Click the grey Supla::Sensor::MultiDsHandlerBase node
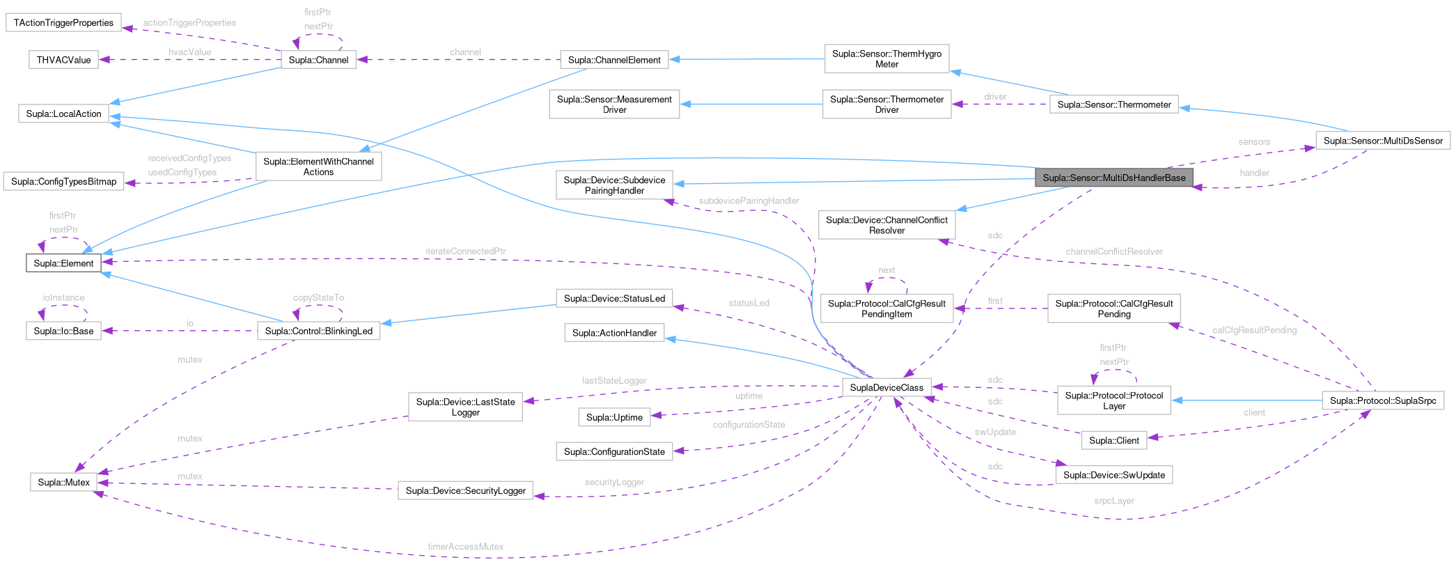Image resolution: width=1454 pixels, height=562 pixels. (1113, 178)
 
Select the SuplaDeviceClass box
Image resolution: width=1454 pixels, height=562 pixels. (886, 387)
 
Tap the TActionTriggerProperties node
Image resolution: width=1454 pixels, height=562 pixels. (63, 22)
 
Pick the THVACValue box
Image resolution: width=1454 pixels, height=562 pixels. (63, 60)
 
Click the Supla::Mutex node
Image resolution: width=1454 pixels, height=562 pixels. (63, 482)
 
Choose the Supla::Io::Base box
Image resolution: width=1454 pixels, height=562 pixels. (63, 331)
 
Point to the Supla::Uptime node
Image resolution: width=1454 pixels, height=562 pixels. (614, 417)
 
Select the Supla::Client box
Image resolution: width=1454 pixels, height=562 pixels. (1113, 440)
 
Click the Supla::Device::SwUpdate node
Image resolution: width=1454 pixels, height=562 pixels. (1113, 475)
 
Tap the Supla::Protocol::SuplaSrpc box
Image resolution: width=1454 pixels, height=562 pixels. (1382, 400)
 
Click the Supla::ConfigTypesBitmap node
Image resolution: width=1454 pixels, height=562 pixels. (63, 181)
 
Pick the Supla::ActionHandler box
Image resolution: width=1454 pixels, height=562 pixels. (614, 333)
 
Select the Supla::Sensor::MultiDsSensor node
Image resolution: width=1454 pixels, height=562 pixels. (1382, 141)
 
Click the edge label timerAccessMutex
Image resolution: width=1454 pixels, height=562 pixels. (465, 547)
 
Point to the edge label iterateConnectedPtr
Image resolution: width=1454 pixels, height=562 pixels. (465, 251)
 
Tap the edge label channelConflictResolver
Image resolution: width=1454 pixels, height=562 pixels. (1113, 251)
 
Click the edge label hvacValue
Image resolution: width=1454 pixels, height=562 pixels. (189, 52)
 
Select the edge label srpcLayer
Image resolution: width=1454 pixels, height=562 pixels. (1113, 501)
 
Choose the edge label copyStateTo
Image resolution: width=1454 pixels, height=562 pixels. (318, 297)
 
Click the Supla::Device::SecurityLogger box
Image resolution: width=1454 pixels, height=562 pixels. (465, 490)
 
